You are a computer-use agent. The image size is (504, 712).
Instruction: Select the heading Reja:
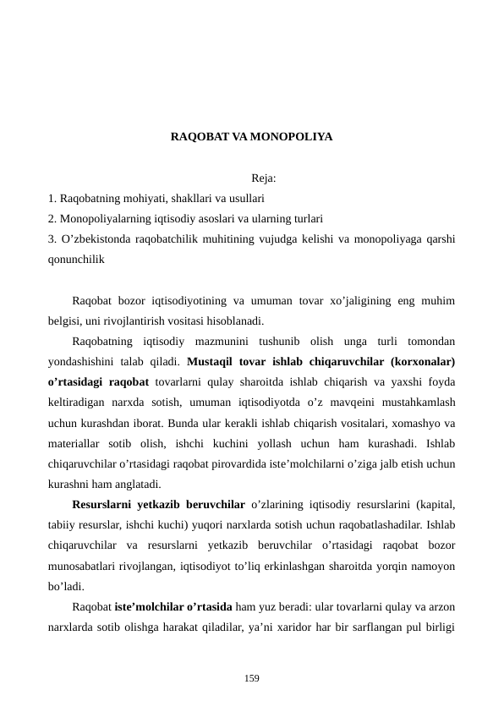click(264, 179)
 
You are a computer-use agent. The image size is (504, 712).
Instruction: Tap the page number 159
click(251, 678)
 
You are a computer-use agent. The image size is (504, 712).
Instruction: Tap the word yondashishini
click(85, 361)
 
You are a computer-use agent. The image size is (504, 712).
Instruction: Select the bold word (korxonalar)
click(420, 361)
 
